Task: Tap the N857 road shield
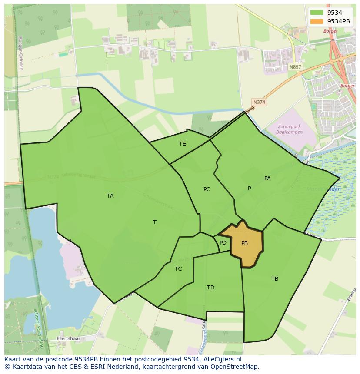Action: [x=295, y=67]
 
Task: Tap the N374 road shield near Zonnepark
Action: [x=259, y=102]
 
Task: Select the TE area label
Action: [x=183, y=144]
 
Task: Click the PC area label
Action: [x=207, y=189]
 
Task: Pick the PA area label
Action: [x=267, y=179]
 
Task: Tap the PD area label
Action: [x=223, y=243]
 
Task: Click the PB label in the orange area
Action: [x=244, y=243]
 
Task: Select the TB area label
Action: [x=275, y=279]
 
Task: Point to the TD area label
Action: [x=210, y=288]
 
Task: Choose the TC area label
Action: [x=178, y=269]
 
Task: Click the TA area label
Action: [x=110, y=196]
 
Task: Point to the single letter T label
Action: [x=154, y=222]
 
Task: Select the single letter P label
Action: [x=249, y=189]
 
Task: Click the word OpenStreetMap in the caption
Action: [x=237, y=367]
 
